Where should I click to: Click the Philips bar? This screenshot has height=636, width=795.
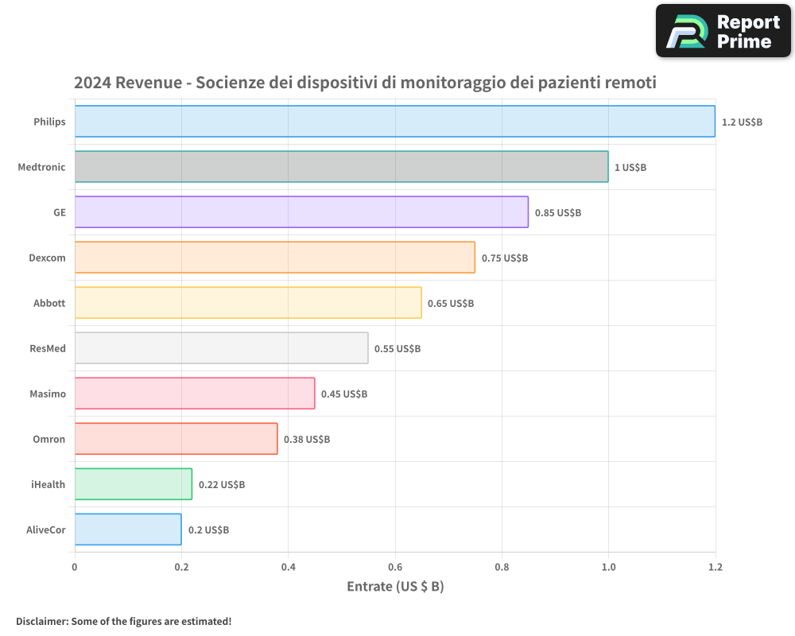[x=394, y=122]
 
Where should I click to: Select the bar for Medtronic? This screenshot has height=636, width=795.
[x=341, y=167]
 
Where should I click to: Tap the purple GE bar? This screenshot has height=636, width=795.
[x=301, y=212]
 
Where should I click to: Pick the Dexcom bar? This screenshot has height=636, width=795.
[x=274, y=258]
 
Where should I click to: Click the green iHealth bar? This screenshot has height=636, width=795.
[x=134, y=484]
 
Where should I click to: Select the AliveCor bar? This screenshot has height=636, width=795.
[x=128, y=529]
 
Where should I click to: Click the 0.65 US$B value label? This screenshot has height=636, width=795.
[x=450, y=304]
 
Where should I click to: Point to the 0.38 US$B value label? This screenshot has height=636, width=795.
[x=306, y=440]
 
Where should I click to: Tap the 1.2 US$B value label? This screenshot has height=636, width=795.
[x=742, y=122]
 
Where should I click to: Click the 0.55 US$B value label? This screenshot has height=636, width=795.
[x=397, y=349]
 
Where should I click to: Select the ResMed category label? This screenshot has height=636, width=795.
[x=47, y=349]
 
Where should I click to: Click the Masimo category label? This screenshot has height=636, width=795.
[x=48, y=394]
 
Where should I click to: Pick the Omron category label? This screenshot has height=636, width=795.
[x=49, y=440]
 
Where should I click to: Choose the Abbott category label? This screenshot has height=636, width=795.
[x=49, y=304]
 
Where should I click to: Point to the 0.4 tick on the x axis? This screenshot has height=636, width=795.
[x=288, y=568]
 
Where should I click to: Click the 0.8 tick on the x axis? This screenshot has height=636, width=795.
[x=502, y=568]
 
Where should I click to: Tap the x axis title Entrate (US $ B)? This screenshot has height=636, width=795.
[x=395, y=587]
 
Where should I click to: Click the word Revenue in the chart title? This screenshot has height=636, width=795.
[x=149, y=83]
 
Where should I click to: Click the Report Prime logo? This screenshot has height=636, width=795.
[x=723, y=31]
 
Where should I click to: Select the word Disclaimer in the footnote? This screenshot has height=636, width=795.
[x=41, y=621]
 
